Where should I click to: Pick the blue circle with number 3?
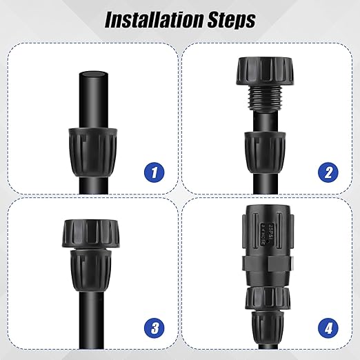click(x=157, y=326)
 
